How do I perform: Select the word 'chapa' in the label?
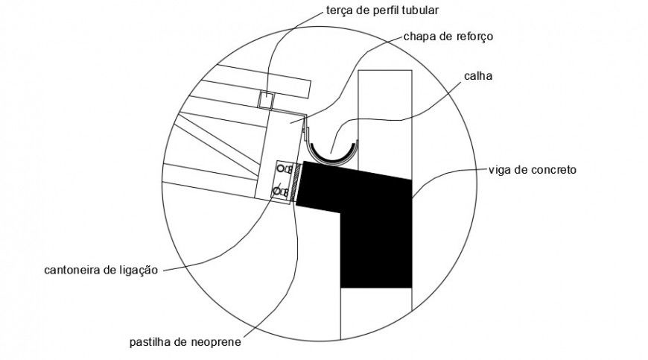coord(419,36)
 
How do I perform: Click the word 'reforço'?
coord(475,36)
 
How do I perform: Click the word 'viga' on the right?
coord(501,170)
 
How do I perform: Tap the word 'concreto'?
coord(553,170)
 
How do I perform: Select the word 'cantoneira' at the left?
coord(70,270)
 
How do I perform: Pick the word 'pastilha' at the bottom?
coord(147,344)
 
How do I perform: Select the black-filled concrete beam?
coord(372,216)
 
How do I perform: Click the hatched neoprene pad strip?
coord(297,183)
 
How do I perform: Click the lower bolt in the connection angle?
coord(278,192)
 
